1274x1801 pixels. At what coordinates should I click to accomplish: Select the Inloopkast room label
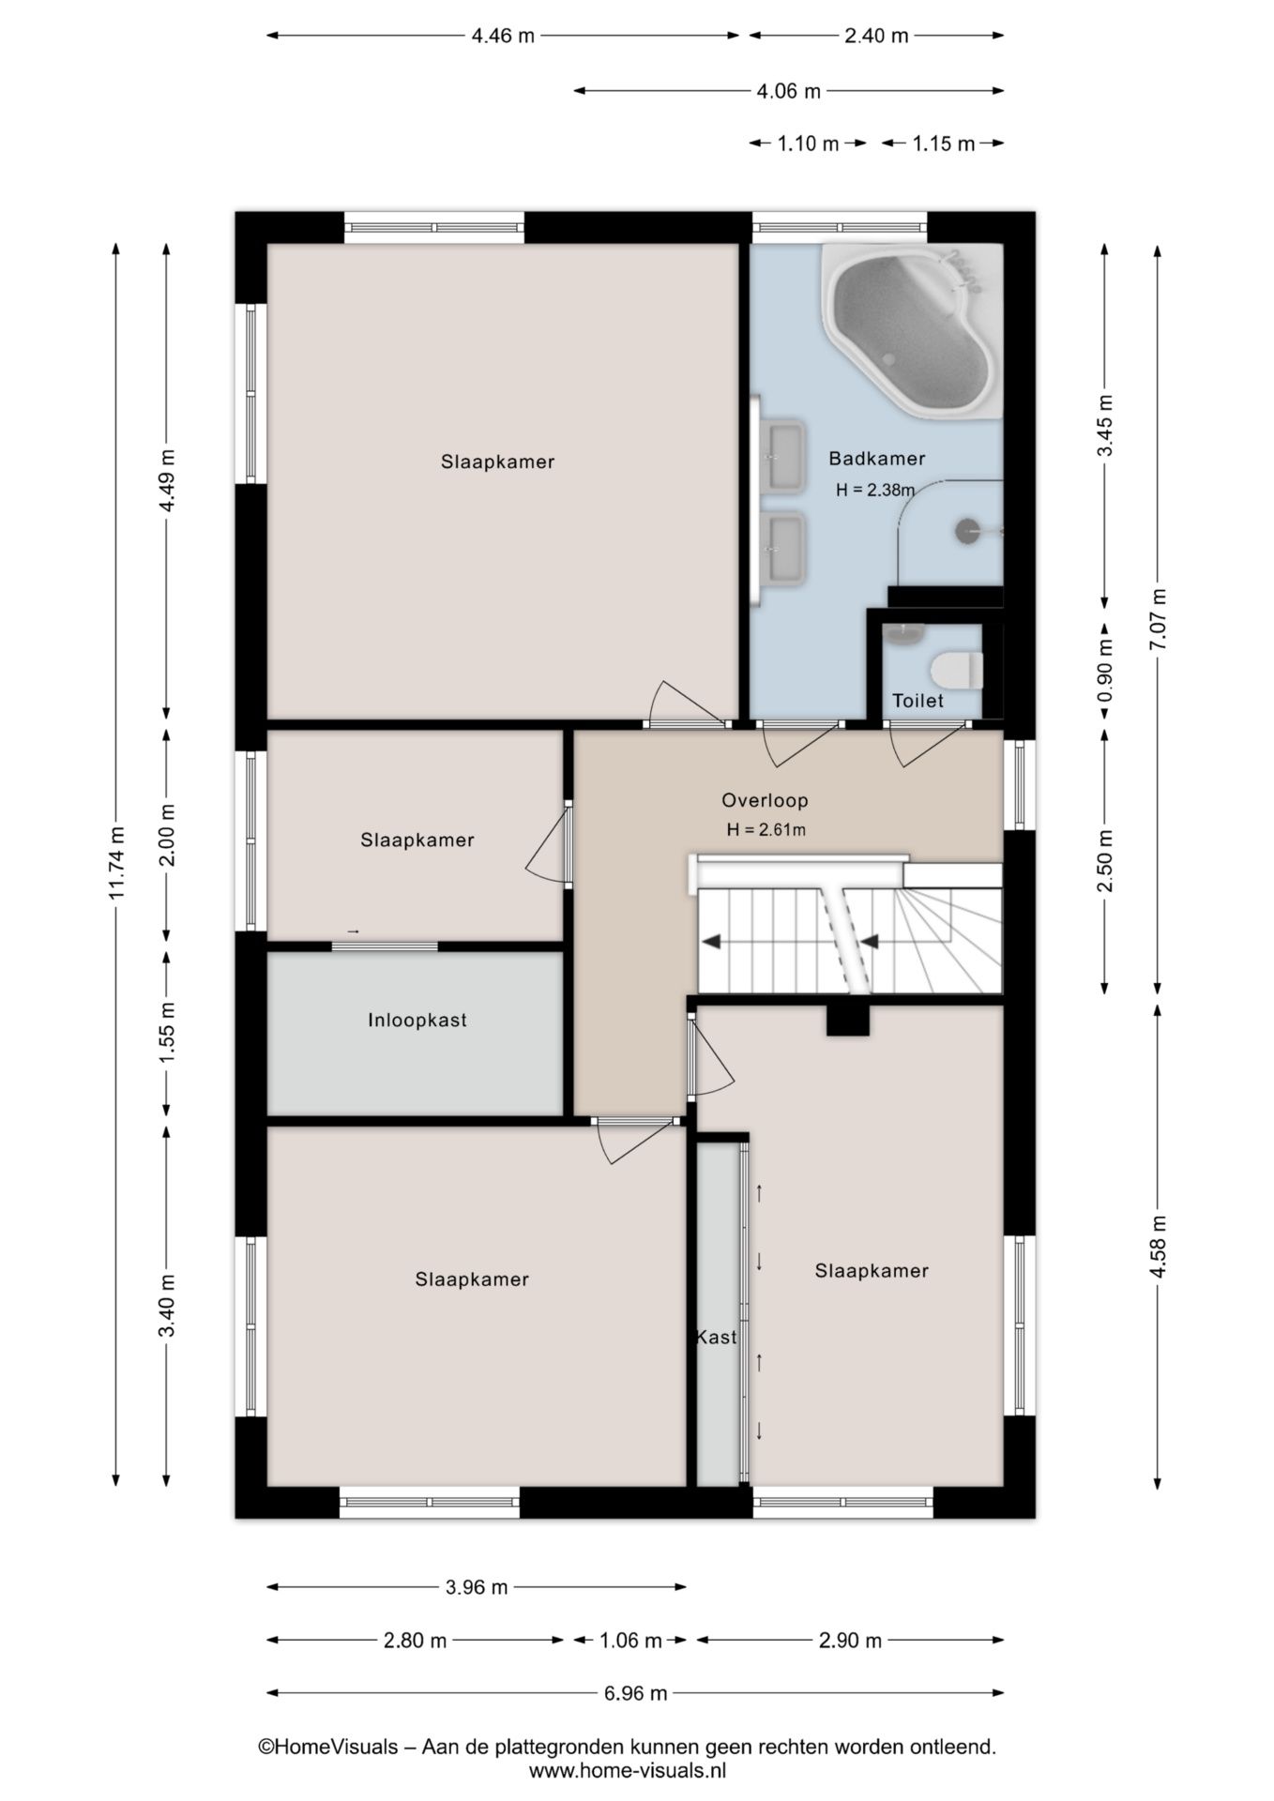pyautogui.click(x=417, y=1021)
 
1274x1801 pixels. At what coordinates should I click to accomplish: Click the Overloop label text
pyautogui.click(x=765, y=800)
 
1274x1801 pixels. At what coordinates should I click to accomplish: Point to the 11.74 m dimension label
pyautogui.click(x=116, y=863)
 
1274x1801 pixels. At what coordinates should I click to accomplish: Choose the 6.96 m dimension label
pyautogui.click(x=635, y=1693)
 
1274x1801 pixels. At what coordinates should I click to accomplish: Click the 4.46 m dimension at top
pyautogui.click(x=503, y=36)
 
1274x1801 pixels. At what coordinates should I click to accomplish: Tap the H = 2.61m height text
pyautogui.click(x=766, y=829)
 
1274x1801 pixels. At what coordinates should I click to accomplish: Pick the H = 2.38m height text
pyautogui.click(x=875, y=489)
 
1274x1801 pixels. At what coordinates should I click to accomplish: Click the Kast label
pyautogui.click(x=716, y=1338)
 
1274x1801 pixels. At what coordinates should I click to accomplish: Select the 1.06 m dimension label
pyautogui.click(x=630, y=1641)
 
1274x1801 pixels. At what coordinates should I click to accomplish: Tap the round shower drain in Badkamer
pyautogui.click(x=967, y=531)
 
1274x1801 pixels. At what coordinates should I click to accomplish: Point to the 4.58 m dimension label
pyautogui.click(x=1158, y=1246)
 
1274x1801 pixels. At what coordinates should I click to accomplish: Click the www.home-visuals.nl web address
pyautogui.click(x=628, y=1771)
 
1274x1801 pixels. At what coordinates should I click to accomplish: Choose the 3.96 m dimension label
pyautogui.click(x=476, y=1587)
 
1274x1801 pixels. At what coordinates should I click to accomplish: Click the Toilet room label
pyautogui.click(x=918, y=701)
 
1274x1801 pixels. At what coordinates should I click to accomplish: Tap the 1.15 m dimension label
pyautogui.click(x=944, y=144)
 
